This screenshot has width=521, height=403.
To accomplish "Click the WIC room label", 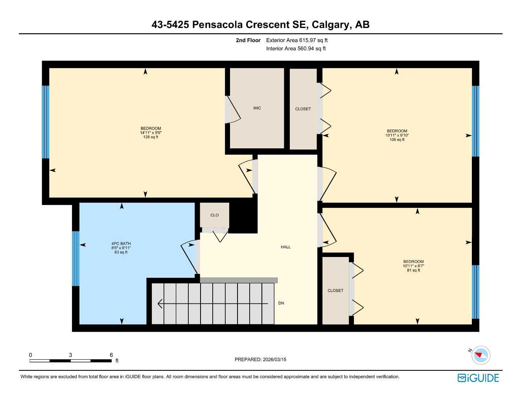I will click(x=257, y=108).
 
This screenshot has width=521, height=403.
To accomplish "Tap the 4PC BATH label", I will click(x=121, y=244).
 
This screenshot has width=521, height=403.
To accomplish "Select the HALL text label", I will click(x=285, y=247).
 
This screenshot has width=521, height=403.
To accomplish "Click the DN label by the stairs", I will click(x=281, y=303).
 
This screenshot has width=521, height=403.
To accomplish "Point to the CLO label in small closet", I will click(x=214, y=215).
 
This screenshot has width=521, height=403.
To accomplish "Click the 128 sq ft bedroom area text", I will click(x=151, y=137).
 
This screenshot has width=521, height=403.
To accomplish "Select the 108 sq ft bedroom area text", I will click(x=397, y=140).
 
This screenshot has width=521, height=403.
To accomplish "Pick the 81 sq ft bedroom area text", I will click(x=413, y=270).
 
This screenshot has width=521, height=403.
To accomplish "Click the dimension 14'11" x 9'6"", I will click(x=151, y=133).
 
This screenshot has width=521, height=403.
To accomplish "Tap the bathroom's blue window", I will click(x=75, y=258).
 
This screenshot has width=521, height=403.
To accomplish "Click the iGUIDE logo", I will click(x=478, y=378).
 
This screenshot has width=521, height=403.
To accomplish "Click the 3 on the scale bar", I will click(x=70, y=355).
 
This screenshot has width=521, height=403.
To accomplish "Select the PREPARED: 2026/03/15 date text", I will click(x=260, y=360).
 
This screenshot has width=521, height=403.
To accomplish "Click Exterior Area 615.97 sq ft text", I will click(x=297, y=40).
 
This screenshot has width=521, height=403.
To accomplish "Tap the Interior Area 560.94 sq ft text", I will click(x=296, y=49).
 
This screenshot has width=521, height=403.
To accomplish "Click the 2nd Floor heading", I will click(x=248, y=40).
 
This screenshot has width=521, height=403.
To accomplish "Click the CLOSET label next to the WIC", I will click(x=303, y=109).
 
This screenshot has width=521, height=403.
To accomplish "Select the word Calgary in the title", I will click(x=330, y=25).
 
